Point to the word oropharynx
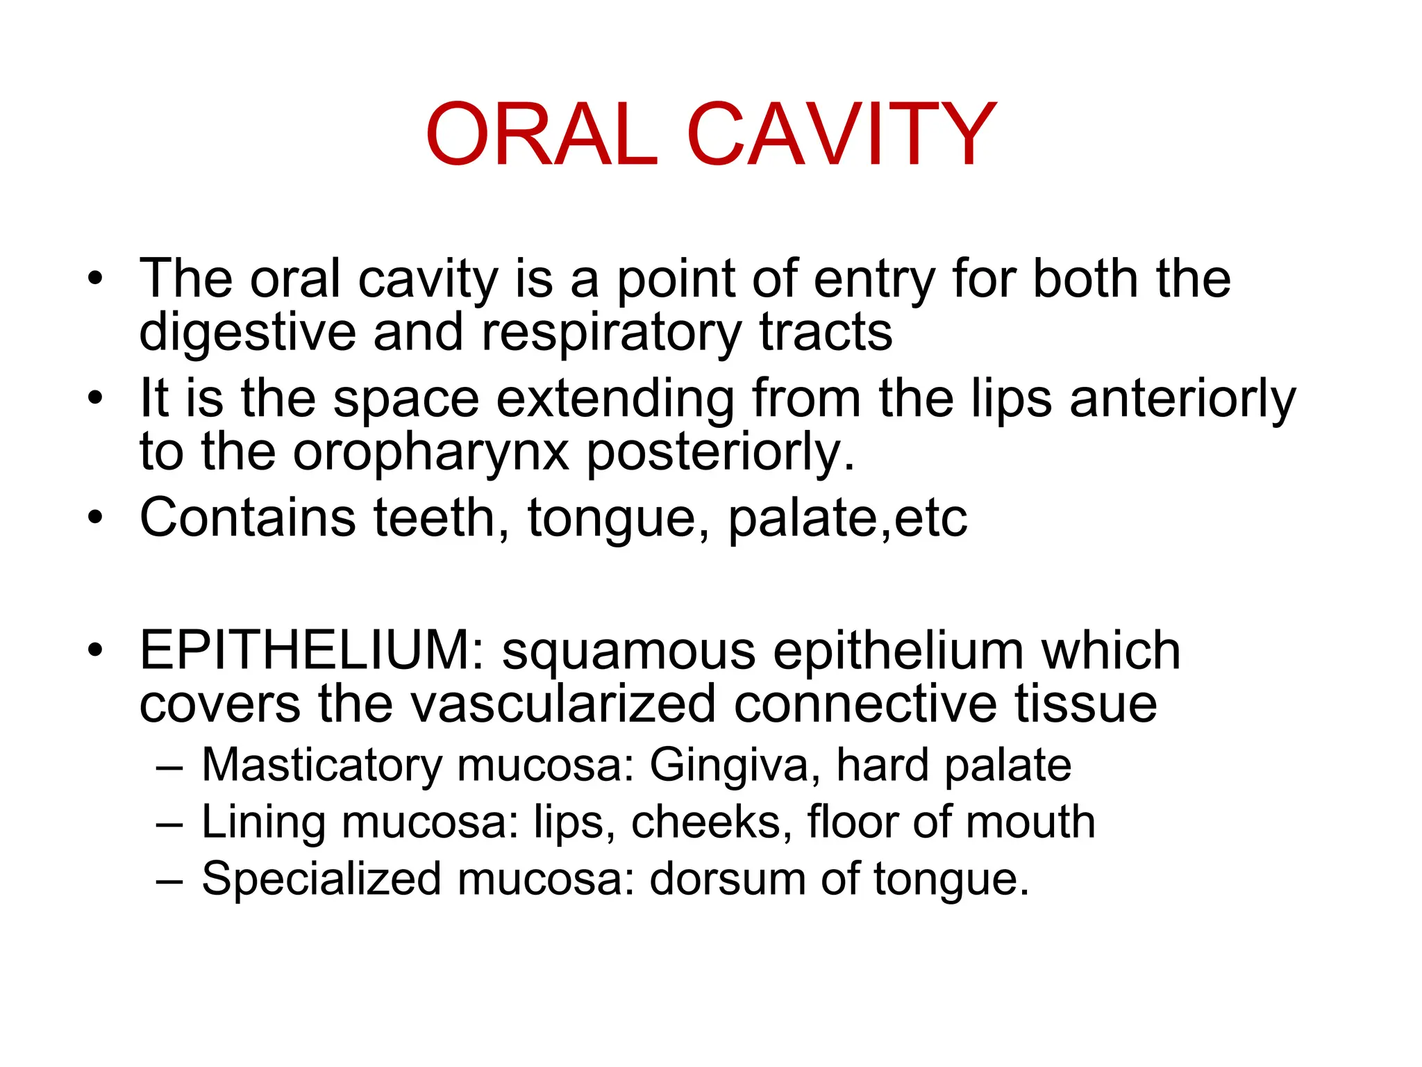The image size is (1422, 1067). point(430,453)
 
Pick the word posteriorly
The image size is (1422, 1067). point(721,453)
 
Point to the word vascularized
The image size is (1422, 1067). point(562,704)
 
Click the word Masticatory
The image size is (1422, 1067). point(321,766)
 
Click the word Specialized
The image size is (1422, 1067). point(321,879)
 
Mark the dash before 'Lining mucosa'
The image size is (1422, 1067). point(169,824)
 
